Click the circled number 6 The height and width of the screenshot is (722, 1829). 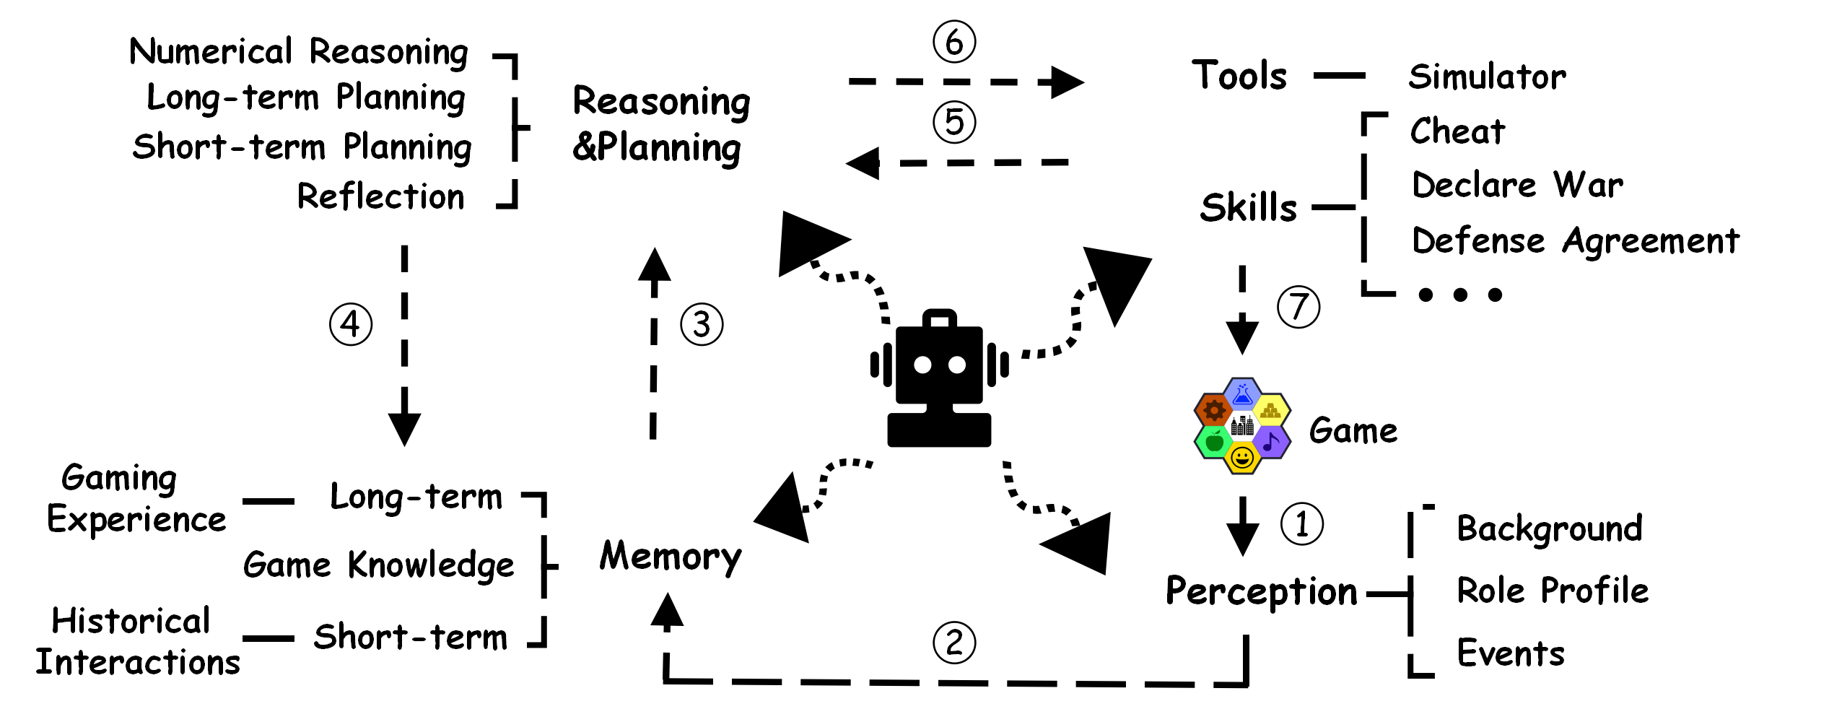[954, 42]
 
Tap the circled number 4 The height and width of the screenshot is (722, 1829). [351, 324]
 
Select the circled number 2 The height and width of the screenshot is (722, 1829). [954, 643]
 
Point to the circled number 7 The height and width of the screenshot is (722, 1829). [1298, 307]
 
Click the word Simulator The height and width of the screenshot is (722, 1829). [1488, 77]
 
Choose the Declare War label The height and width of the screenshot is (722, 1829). [1517, 185]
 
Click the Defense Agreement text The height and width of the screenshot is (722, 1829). [1575, 240]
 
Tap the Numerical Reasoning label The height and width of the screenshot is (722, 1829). [299, 52]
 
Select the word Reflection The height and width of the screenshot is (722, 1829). [380, 196]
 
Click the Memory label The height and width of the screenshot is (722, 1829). [671, 557]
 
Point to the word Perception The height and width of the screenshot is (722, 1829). [1262, 591]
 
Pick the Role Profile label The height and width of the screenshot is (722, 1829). [1553, 591]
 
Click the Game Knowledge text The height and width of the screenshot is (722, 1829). [378, 565]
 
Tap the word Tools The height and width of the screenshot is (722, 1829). [1239, 76]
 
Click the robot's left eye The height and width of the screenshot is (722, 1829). [922, 365]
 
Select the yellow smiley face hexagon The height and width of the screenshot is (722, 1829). [1242, 458]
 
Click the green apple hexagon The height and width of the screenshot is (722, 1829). [1214, 440]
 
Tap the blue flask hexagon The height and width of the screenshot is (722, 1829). [1242, 394]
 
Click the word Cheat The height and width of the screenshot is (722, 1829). [1458, 131]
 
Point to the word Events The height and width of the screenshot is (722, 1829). [1511, 653]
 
